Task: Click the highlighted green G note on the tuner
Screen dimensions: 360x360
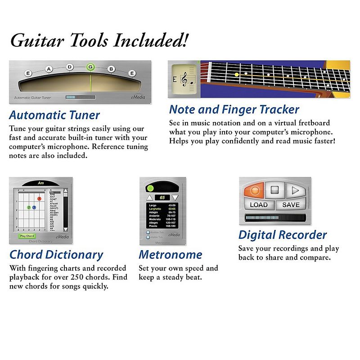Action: pyautogui.click(x=90, y=67)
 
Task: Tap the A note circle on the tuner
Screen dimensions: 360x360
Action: pyautogui.click(x=49, y=69)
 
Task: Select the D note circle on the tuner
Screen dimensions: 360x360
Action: pyautogui.click(x=70, y=67)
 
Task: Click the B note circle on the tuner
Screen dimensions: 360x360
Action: pyautogui.click(x=111, y=69)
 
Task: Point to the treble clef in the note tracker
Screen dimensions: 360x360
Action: pyautogui.click(x=184, y=80)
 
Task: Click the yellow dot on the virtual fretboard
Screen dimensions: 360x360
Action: pyautogui.click(x=236, y=74)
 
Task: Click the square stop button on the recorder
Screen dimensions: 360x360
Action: pyautogui.click(x=274, y=190)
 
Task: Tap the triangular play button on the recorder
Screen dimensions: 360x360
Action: pyautogui.click(x=295, y=190)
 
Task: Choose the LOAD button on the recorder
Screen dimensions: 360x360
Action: pyautogui.click(x=258, y=205)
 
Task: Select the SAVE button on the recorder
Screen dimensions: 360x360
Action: pyautogui.click(x=291, y=205)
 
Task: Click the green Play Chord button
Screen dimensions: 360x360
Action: pyautogui.click(x=27, y=236)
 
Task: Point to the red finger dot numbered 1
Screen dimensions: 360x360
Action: pyautogui.click(x=40, y=198)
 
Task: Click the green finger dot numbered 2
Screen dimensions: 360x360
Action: pyautogui.click(x=29, y=207)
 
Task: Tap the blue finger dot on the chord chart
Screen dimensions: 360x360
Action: pyautogui.click(x=34, y=207)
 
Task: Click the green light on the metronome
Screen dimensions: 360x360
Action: pyautogui.click(x=151, y=187)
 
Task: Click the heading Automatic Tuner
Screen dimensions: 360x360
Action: pyautogui.click(x=54, y=115)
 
